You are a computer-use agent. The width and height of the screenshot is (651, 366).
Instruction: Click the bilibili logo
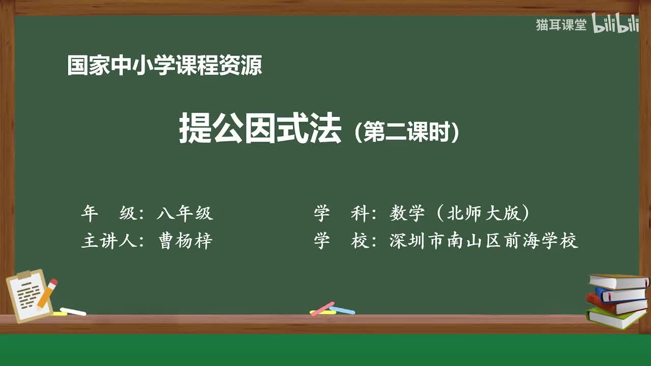tap(615, 24)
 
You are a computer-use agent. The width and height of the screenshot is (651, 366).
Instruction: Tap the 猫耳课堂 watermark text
tap(561, 25)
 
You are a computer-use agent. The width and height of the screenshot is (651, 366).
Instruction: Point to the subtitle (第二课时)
tap(407, 133)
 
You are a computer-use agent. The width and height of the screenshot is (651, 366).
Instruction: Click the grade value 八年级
tap(185, 213)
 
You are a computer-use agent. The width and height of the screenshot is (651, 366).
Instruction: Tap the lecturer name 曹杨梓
tap(185, 240)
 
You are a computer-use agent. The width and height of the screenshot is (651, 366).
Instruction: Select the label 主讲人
tap(106, 240)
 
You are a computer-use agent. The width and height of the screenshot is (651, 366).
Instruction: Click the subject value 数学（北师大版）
tap(460, 213)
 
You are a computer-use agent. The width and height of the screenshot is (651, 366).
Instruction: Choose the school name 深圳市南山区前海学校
tap(484, 240)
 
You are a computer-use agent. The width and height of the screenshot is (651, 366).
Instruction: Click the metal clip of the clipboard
tap(24, 275)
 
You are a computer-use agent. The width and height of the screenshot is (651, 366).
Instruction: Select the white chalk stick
tap(73, 311)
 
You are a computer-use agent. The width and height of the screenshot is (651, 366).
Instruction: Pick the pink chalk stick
tap(322, 309)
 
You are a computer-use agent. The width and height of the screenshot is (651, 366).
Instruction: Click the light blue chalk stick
tap(342, 310)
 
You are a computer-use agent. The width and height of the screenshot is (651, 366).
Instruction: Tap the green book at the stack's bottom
tap(615, 318)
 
